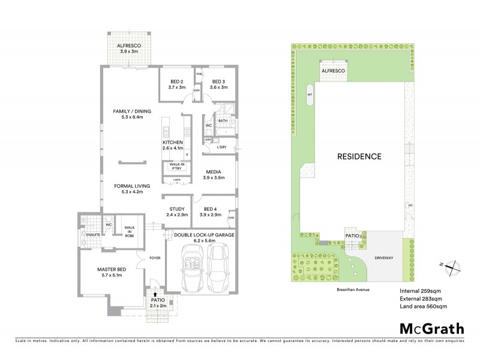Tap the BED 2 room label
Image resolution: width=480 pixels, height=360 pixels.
coord(177,81)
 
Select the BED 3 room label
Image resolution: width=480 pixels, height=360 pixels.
coord(218,81)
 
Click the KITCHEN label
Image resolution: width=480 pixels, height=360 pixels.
coord(172,142)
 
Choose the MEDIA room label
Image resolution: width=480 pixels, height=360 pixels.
coord(214,172)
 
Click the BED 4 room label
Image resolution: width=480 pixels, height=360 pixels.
coord(214,209)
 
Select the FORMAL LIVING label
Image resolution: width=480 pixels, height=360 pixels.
coord(133,186)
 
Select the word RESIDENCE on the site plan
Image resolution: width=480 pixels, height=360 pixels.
coord(358,156)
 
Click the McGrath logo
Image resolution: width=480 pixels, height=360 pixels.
coord(431,328)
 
